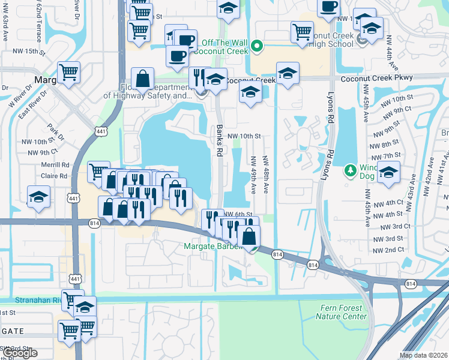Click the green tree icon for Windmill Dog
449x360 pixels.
[x=351, y=171]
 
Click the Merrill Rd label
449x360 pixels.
[x=57, y=164]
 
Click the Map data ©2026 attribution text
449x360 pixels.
[x=423, y=355]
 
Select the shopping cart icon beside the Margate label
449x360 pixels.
[x=69, y=73]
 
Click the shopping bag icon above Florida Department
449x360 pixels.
[x=142, y=79]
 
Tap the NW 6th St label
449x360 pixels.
[x=237, y=214]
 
